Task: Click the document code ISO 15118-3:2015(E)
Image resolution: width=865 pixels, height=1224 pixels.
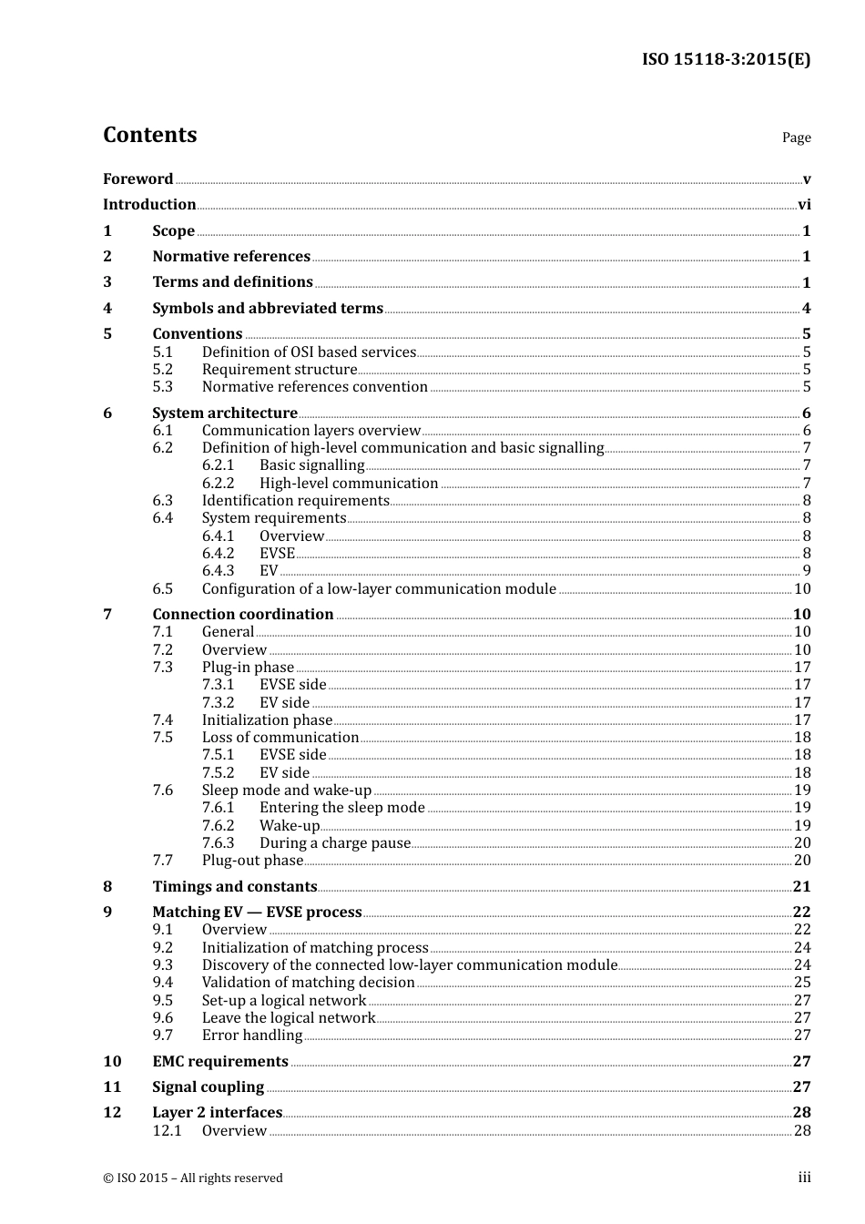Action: [726, 59]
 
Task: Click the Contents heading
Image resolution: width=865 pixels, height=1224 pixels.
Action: [149, 135]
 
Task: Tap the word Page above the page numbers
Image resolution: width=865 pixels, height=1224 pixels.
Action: [796, 138]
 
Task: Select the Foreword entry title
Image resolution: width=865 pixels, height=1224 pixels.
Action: [137, 178]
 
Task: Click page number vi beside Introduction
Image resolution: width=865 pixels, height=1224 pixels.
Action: [804, 204]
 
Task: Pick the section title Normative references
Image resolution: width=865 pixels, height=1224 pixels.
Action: [231, 256]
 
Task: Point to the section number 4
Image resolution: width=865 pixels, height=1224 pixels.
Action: [107, 308]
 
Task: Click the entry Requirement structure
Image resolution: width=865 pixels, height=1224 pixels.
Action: [279, 369]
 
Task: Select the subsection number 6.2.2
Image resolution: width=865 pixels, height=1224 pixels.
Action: [218, 483]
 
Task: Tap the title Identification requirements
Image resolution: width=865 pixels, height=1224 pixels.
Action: [295, 500]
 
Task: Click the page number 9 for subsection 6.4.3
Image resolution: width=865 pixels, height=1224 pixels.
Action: [806, 570]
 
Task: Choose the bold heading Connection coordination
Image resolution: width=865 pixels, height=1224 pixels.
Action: [242, 614]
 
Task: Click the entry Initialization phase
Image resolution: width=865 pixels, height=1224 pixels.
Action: [267, 719]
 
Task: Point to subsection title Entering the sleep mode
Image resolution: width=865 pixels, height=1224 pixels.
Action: [341, 807]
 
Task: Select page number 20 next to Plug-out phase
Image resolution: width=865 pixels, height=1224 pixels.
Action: [802, 860]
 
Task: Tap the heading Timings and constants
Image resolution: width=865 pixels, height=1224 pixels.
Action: [234, 886]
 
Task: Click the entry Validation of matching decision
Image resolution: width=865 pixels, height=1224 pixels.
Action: [308, 982]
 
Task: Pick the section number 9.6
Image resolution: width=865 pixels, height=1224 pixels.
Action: [162, 1017]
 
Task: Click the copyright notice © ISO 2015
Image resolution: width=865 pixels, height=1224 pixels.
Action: [192, 1178]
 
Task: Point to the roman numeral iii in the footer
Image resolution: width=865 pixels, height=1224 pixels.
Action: [804, 1178]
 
